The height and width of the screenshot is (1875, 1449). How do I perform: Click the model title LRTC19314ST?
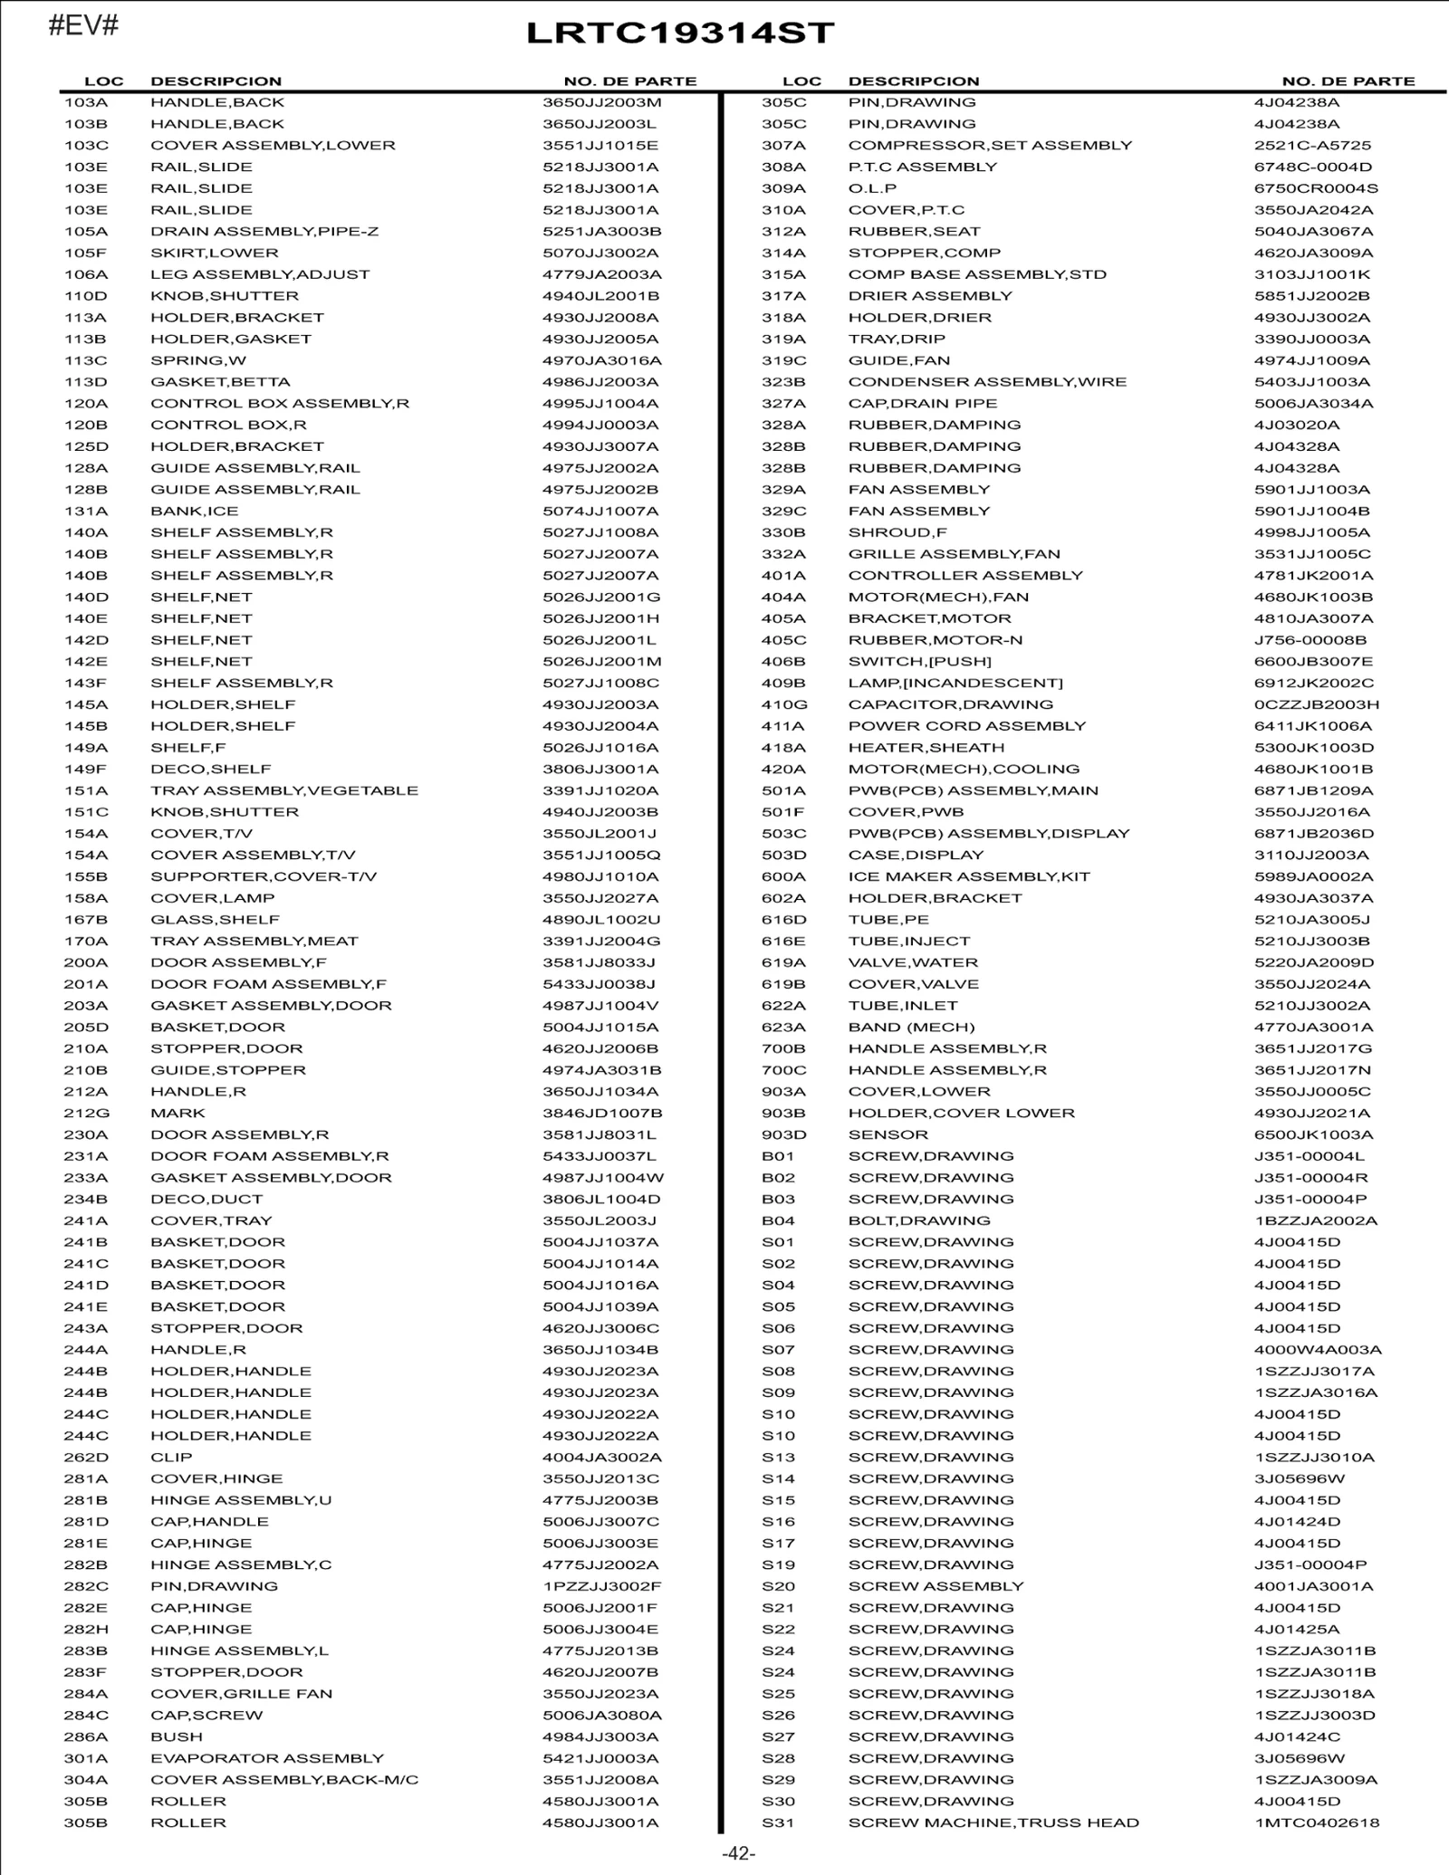tap(680, 33)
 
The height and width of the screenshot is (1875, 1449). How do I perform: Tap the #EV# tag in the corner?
tap(83, 25)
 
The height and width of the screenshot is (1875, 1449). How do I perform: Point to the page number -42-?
tap(738, 1853)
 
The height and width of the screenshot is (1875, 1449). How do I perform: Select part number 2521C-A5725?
tap(1312, 146)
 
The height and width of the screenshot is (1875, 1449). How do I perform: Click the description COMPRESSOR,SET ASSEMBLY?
tap(990, 146)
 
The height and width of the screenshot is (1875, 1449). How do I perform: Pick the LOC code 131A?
tap(86, 512)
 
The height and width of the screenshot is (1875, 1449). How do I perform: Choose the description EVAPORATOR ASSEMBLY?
tap(267, 1758)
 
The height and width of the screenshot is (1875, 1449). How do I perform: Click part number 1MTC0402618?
tap(1317, 1822)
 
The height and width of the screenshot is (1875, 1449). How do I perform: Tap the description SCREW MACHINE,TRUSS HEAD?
tap(993, 1822)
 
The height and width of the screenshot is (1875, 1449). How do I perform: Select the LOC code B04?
tap(778, 1220)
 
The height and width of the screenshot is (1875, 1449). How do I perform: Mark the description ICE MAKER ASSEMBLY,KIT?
tap(969, 876)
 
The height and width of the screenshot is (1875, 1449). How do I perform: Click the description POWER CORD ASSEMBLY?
tap(966, 726)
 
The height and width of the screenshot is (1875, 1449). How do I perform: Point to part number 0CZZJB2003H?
tap(1317, 704)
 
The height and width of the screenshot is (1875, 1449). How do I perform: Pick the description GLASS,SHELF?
tap(215, 920)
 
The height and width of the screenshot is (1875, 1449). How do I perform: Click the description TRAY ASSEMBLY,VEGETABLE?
tap(284, 790)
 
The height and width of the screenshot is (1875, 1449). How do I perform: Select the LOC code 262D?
tap(86, 1458)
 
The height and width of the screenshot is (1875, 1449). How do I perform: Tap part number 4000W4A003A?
tap(1318, 1350)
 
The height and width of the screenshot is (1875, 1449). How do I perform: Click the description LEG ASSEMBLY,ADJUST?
tap(260, 274)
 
